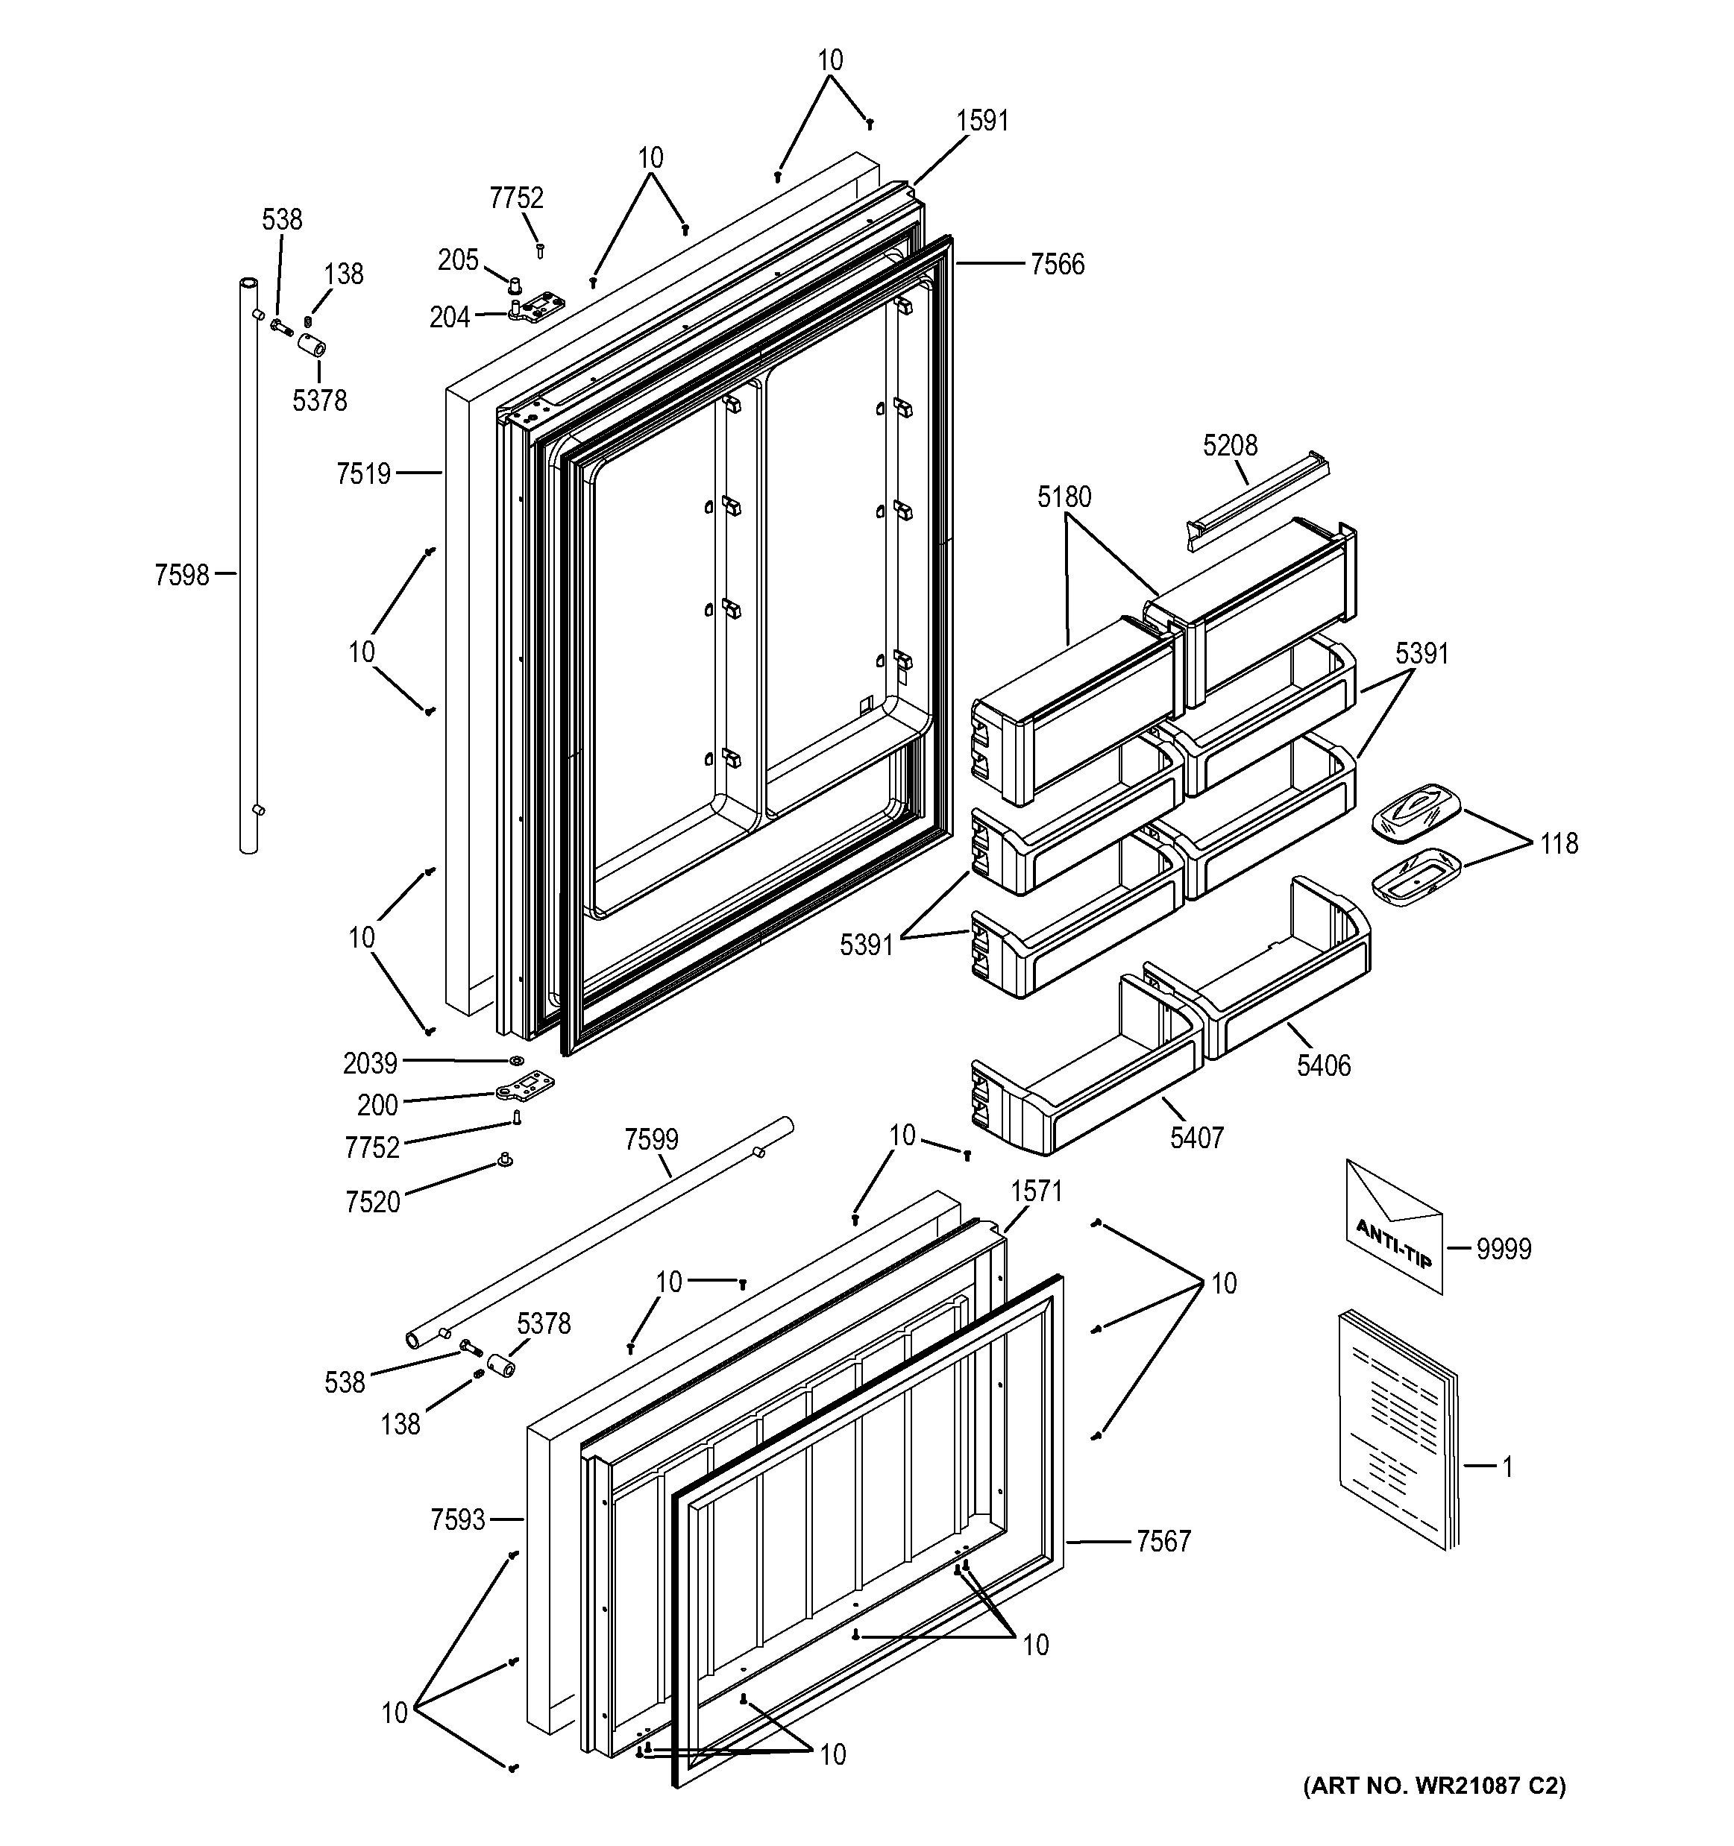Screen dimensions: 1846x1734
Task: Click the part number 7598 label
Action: click(x=181, y=576)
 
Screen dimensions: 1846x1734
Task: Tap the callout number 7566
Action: click(x=1057, y=265)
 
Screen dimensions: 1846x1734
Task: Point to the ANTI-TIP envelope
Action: click(x=1394, y=1226)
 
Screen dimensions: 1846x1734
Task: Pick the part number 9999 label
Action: click(x=1504, y=1249)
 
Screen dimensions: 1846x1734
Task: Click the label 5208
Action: click(x=1230, y=446)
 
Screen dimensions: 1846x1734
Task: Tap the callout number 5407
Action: click(x=1196, y=1138)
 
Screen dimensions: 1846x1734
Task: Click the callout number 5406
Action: click(x=1324, y=1065)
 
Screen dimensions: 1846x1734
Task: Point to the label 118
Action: click(x=1559, y=843)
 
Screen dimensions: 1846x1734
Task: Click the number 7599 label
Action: click(x=651, y=1139)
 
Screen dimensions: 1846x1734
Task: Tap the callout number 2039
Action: click(x=370, y=1063)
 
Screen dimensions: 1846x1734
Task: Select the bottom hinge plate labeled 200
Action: click(x=526, y=1085)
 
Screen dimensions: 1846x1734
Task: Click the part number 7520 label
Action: click(x=371, y=1203)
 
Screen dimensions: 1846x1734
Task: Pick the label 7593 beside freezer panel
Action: click(x=458, y=1520)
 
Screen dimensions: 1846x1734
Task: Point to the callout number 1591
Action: click(x=983, y=121)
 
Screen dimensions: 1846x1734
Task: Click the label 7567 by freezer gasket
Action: click(x=1163, y=1541)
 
